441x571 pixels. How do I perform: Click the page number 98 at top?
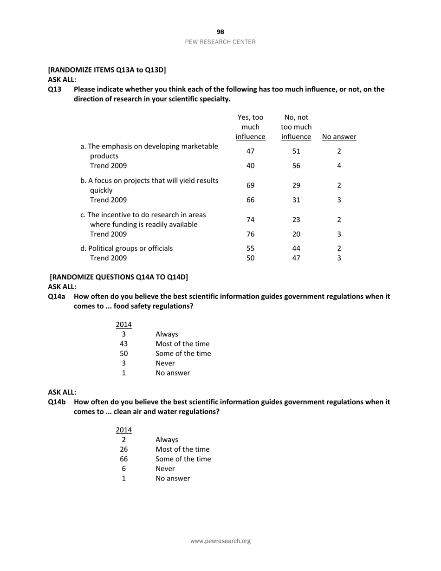click(x=220, y=32)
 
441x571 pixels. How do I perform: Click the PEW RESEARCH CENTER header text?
click(x=220, y=42)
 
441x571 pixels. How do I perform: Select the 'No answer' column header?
click(x=339, y=137)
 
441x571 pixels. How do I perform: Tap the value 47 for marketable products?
click(x=250, y=151)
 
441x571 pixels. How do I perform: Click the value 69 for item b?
click(x=250, y=185)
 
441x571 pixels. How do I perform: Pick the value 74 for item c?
click(x=250, y=220)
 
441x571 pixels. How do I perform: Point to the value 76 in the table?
click(x=250, y=234)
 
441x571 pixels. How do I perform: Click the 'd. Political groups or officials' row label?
click(x=127, y=248)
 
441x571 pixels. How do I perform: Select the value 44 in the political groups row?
click(x=296, y=248)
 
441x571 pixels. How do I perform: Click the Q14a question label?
click(x=57, y=296)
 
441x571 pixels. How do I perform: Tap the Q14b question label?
click(x=57, y=402)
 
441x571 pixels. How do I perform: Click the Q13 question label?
click(x=55, y=89)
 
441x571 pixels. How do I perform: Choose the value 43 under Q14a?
click(x=124, y=344)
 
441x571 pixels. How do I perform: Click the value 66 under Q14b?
click(x=124, y=459)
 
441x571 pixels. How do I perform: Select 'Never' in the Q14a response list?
click(x=165, y=363)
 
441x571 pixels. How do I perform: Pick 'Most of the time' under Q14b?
click(x=182, y=449)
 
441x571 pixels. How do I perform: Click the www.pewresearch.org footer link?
click(x=220, y=541)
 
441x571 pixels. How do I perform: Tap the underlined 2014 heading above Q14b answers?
click(x=124, y=430)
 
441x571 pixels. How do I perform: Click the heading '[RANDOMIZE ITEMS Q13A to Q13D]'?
click(x=107, y=70)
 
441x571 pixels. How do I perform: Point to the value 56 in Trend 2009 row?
click(x=296, y=166)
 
